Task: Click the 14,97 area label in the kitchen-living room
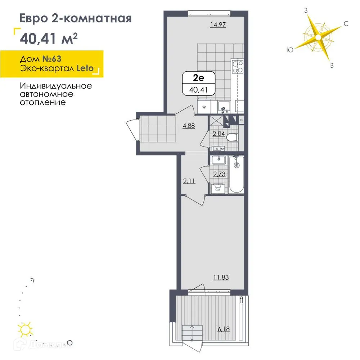[x=220, y=25]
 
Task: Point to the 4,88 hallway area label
[x=189, y=126]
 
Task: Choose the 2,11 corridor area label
[x=189, y=181]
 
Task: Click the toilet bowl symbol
[x=233, y=137]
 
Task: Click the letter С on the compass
[x=346, y=24]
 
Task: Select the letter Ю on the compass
[x=289, y=50]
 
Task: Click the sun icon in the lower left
[x=26, y=329]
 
